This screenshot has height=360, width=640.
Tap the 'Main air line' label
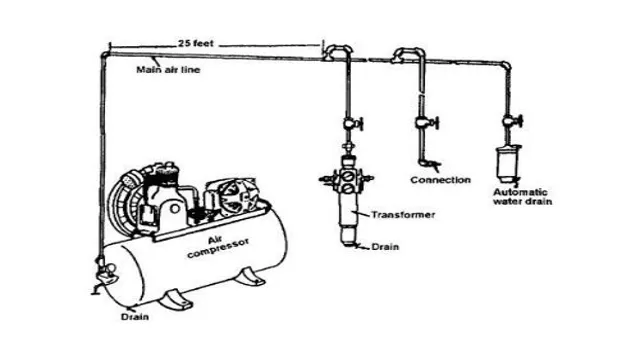click(x=163, y=70)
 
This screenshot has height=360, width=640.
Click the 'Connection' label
click(x=440, y=180)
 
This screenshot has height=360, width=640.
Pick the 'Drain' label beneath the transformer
click(x=388, y=246)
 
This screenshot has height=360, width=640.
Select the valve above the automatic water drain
click(x=511, y=124)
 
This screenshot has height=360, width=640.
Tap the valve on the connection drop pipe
click(x=421, y=125)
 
